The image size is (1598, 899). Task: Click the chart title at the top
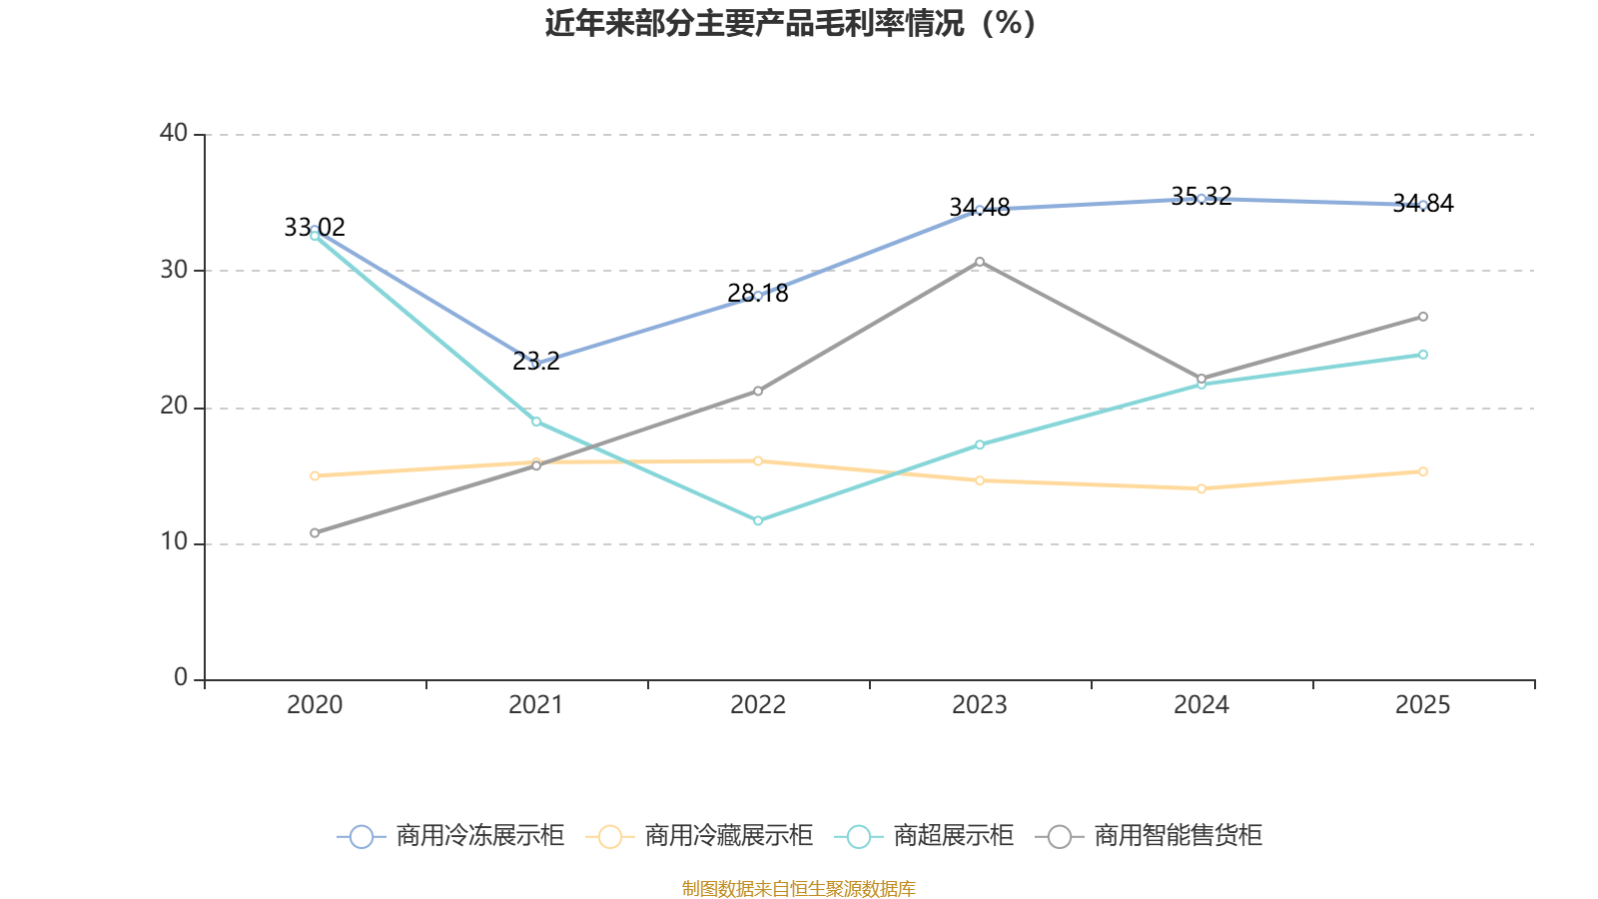tap(790, 23)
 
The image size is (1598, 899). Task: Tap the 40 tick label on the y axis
tap(174, 133)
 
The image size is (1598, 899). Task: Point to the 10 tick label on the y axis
tap(174, 542)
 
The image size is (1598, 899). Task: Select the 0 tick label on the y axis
tap(181, 678)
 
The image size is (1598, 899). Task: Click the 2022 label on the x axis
tap(758, 705)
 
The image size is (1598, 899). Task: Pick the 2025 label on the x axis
tap(1422, 705)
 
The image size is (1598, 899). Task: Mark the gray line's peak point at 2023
tap(980, 262)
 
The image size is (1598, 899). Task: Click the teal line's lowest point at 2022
tap(758, 520)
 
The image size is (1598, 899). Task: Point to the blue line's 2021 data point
tap(536, 364)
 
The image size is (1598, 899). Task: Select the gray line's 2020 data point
tap(315, 532)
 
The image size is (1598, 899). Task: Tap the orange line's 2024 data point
tap(1201, 488)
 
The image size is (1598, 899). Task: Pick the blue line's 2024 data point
tap(1201, 199)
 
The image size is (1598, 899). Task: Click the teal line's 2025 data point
tap(1423, 355)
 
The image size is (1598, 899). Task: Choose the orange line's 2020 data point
tap(315, 475)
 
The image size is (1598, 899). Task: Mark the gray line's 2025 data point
tap(1423, 317)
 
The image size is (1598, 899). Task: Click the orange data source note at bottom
tap(798, 888)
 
